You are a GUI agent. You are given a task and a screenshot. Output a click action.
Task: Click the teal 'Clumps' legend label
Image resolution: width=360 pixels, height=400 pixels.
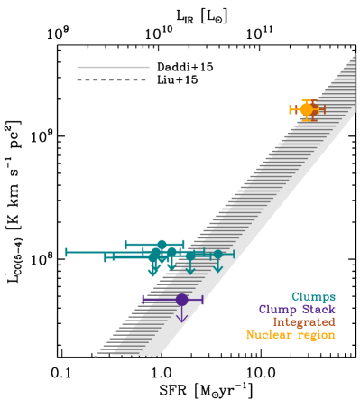(x=313, y=296)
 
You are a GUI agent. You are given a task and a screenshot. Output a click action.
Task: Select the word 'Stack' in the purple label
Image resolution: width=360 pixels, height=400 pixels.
(x=318, y=309)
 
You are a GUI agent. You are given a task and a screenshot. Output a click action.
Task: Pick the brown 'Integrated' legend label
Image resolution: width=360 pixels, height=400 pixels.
(x=304, y=321)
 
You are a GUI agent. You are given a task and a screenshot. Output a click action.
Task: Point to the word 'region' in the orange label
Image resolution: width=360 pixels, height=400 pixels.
(x=317, y=334)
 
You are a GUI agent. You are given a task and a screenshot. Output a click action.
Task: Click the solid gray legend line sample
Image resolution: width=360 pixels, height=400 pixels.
(x=113, y=67)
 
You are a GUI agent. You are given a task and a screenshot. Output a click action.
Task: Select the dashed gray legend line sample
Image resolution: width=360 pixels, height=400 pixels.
(x=113, y=79)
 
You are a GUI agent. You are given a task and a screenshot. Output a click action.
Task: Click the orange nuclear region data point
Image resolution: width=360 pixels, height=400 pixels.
(x=307, y=109)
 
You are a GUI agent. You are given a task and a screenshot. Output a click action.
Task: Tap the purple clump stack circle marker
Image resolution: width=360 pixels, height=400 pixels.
(x=181, y=299)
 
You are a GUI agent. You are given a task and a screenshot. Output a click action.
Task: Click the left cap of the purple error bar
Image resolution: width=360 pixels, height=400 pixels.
(x=143, y=299)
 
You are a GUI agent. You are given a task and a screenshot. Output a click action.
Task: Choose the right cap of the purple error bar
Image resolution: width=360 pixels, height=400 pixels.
(x=203, y=299)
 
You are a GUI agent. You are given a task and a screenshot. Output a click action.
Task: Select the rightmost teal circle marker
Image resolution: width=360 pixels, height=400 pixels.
(x=217, y=255)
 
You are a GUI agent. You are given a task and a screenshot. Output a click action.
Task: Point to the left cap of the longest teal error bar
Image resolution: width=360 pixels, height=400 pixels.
(x=67, y=252)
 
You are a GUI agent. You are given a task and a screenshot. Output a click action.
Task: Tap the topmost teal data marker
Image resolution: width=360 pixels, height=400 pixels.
(x=162, y=244)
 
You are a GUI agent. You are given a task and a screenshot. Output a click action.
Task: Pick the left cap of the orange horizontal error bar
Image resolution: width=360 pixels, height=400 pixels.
(x=290, y=109)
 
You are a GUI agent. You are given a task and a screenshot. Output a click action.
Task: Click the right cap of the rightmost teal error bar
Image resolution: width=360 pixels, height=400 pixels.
(x=234, y=255)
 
